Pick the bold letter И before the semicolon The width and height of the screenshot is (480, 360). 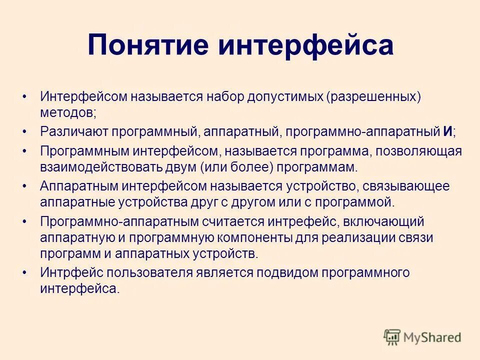point(447,131)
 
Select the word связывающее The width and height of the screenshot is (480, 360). point(403,186)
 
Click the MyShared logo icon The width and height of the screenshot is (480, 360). point(392,337)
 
